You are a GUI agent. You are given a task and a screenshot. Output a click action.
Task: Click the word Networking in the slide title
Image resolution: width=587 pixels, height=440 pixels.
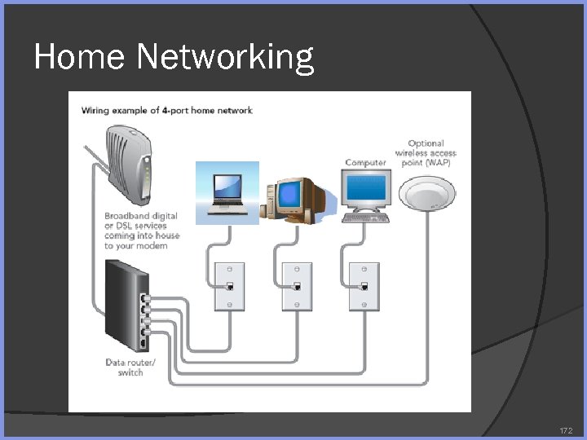point(225,58)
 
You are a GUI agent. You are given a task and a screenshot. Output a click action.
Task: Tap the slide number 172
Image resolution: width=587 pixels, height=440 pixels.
point(566,429)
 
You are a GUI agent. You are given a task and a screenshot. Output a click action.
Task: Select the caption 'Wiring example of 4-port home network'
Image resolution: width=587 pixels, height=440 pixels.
point(166,111)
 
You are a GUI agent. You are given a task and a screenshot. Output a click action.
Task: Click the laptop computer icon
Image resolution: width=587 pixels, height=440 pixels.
point(227,193)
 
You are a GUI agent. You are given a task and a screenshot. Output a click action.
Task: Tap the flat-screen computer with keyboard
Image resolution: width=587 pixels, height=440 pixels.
point(365,194)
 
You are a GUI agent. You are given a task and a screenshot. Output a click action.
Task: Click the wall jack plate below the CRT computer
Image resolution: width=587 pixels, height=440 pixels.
point(297,286)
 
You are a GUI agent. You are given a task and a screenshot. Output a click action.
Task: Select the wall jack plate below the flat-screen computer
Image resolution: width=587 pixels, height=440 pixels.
point(364,286)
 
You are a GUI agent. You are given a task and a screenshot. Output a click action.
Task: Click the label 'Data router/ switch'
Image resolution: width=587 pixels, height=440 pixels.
point(130,367)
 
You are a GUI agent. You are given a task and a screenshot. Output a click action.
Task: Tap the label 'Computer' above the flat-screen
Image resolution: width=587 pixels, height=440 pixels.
point(365,162)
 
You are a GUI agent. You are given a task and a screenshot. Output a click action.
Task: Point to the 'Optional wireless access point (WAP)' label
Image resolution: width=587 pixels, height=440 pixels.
point(426,153)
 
